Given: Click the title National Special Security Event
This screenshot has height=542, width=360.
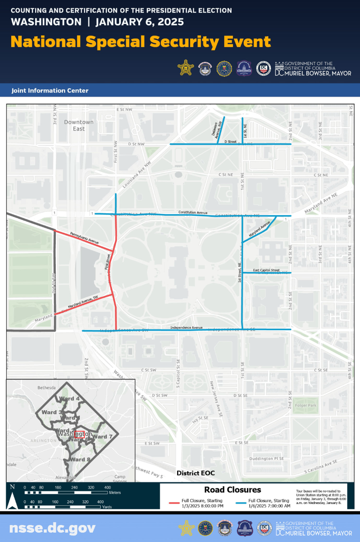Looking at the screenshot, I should pyautogui.click(x=141, y=42).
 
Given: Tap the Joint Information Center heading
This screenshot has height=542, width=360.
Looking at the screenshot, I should pyautogui.click(x=50, y=90).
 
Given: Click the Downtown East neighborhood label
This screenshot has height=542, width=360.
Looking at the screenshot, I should pyautogui.click(x=79, y=125).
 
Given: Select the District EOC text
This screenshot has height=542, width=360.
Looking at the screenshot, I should pyautogui.click(x=195, y=473).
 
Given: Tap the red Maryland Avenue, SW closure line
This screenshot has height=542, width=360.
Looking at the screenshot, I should pyautogui.click(x=89, y=302).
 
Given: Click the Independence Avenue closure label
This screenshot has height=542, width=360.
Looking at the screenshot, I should pyautogui.click(x=187, y=327).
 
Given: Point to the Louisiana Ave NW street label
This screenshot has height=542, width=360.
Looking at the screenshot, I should pyautogui.click(x=139, y=175).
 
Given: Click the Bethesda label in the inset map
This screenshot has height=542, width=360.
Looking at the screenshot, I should pyautogui.click(x=46, y=388).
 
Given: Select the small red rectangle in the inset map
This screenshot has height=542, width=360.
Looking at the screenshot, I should pyautogui.click(x=80, y=434).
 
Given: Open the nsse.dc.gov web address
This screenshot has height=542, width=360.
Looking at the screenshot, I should pyautogui.click(x=52, y=528).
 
